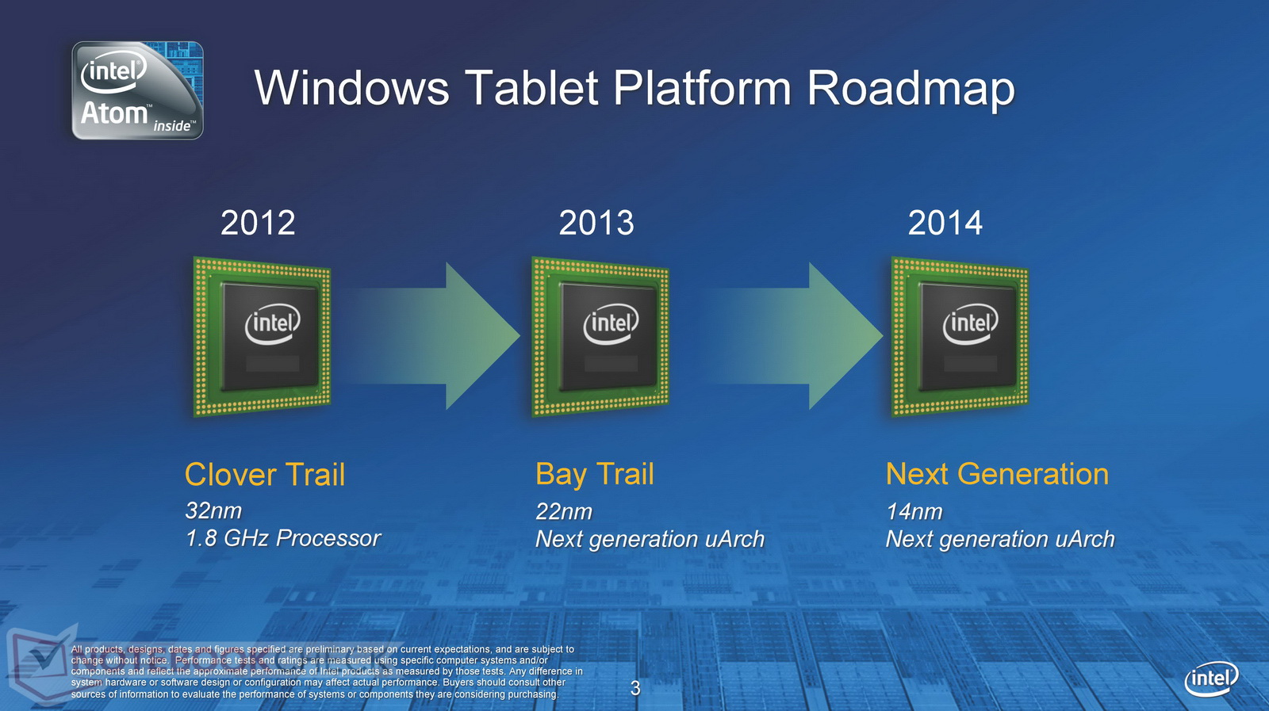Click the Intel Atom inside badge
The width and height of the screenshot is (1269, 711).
tap(137, 90)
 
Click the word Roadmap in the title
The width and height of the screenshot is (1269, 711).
tap(910, 88)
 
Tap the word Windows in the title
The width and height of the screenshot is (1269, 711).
tap(352, 88)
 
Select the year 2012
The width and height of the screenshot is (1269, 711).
tap(258, 223)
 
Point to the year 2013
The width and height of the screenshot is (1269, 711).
tap(596, 223)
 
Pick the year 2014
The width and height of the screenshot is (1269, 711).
tap(945, 223)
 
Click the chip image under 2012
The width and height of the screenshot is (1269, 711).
tap(262, 337)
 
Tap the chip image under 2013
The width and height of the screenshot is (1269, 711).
tap(600, 337)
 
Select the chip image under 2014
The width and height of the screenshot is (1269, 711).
tap(960, 337)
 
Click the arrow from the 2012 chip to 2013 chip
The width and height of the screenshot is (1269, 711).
tap(431, 336)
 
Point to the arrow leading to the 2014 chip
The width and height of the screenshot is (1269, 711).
tap(793, 336)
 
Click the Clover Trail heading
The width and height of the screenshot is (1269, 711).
tap(265, 474)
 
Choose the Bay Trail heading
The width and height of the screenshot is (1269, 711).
tap(594, 474)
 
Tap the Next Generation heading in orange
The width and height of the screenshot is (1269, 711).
tap(997, 474)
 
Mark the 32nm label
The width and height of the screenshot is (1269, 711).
tap(213, 510)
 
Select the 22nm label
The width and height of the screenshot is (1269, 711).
tap(564, 512)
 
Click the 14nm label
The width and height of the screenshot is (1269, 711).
tap(914, 512)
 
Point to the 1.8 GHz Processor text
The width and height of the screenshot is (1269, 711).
tap(282, 538)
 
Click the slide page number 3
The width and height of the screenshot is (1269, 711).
tap(635, 688)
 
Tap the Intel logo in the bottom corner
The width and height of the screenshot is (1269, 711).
tap(1212, 679)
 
